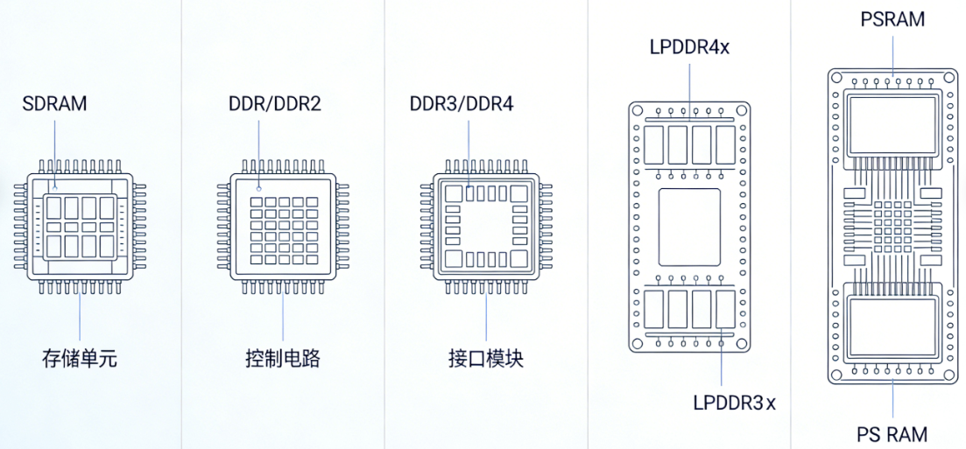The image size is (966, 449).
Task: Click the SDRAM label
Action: tap(55, 103)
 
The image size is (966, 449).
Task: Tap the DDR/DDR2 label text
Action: tap(274, 104)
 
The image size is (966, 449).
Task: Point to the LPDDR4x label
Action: tap(689, 46)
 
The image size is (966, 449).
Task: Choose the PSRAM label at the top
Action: tap(892, 19)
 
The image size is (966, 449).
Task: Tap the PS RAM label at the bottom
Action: tap(892, 434)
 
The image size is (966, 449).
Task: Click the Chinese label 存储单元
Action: tap(80, 359)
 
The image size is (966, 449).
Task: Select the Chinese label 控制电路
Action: tap(283, 359)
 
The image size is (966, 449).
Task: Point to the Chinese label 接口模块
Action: tap(486, 359)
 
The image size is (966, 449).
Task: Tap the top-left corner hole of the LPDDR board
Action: tap(637, 111)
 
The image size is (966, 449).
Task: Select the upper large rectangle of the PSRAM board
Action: tap(892, 126)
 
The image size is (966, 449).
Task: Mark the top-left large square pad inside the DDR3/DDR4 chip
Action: tap(453, 193)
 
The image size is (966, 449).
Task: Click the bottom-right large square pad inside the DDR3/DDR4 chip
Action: tap(519, 259)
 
